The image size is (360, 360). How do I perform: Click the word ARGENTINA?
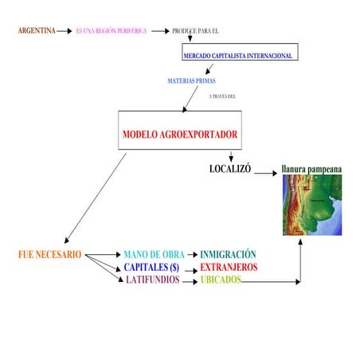click(37, 31)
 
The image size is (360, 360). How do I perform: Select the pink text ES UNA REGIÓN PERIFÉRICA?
click(112, 31)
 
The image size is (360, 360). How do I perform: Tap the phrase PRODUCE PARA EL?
click(195, 31)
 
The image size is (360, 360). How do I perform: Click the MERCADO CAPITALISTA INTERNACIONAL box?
click(239, 56)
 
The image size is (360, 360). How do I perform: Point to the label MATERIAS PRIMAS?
click(191, 81)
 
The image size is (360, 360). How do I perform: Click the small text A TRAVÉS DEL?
click(222, 96)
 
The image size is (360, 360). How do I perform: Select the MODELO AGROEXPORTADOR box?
click(180, 134)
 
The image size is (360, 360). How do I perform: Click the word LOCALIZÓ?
click(230, 170)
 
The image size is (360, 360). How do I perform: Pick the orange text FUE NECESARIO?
click(49, 255)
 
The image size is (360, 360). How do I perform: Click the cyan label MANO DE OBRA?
click(154, 255)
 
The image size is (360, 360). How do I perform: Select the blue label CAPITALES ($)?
click(151, 268)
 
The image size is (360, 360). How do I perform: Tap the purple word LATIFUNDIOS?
click(153, 280)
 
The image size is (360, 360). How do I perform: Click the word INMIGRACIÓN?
click(228, 255)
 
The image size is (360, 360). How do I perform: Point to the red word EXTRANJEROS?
click(229, 268)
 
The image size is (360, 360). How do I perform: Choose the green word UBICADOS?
click(221, 280)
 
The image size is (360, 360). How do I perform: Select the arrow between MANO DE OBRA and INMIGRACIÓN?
click(192, 255)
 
